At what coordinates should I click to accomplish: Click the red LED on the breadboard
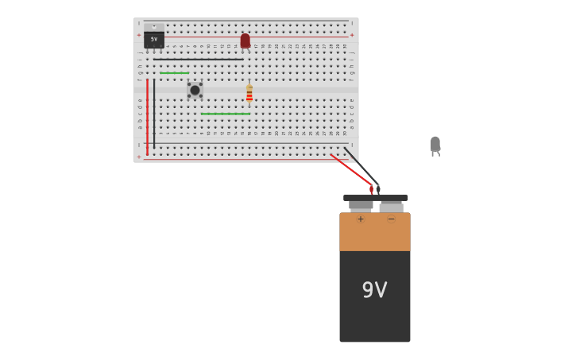(245, 41)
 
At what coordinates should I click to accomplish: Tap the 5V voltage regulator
(154, 37)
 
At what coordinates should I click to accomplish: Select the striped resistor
(249, 94)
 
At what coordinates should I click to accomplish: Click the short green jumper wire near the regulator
(174, 73)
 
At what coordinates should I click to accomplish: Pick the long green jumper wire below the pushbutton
(226, 114)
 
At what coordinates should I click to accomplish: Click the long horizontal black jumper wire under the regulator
(199, 59)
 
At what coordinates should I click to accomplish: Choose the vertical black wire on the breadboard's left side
(154, 111)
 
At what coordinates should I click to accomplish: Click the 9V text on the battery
(374, 290)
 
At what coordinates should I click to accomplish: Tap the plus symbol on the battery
(361, 219)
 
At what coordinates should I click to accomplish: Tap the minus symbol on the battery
(391, 219)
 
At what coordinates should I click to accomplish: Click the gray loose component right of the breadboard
(435, 145)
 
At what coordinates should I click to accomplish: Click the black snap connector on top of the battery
(375, 198)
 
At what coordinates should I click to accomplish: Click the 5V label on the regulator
(154, 39)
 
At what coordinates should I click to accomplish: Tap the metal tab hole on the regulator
(154, 27)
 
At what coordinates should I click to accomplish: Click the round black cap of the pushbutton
(195, 90)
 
